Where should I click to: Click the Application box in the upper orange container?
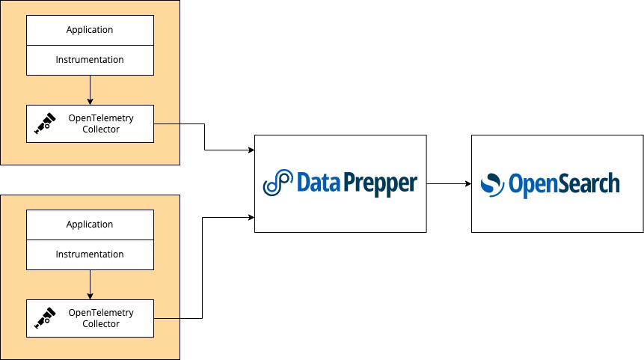(90, 30)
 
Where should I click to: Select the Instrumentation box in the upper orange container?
(90, 60)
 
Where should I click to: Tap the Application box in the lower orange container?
(90, 225)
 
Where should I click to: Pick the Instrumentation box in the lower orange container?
(90, 254)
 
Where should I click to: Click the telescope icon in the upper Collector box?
(46, 124)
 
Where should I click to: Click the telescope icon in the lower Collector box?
(46, 319)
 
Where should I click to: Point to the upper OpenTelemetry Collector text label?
(101, 123)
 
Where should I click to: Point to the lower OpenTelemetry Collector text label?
(101, 318)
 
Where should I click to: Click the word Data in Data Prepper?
(318, 182)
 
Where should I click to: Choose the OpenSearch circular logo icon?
(491, 183)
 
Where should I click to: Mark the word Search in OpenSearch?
(588, 183)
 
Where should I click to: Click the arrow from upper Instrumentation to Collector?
(90, 89)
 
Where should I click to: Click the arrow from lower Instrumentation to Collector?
(90, 284)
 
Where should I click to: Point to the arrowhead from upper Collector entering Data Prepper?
(251, 150)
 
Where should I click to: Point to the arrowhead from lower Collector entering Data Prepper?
(251, 217)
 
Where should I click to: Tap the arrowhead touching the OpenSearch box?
(467, 183)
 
